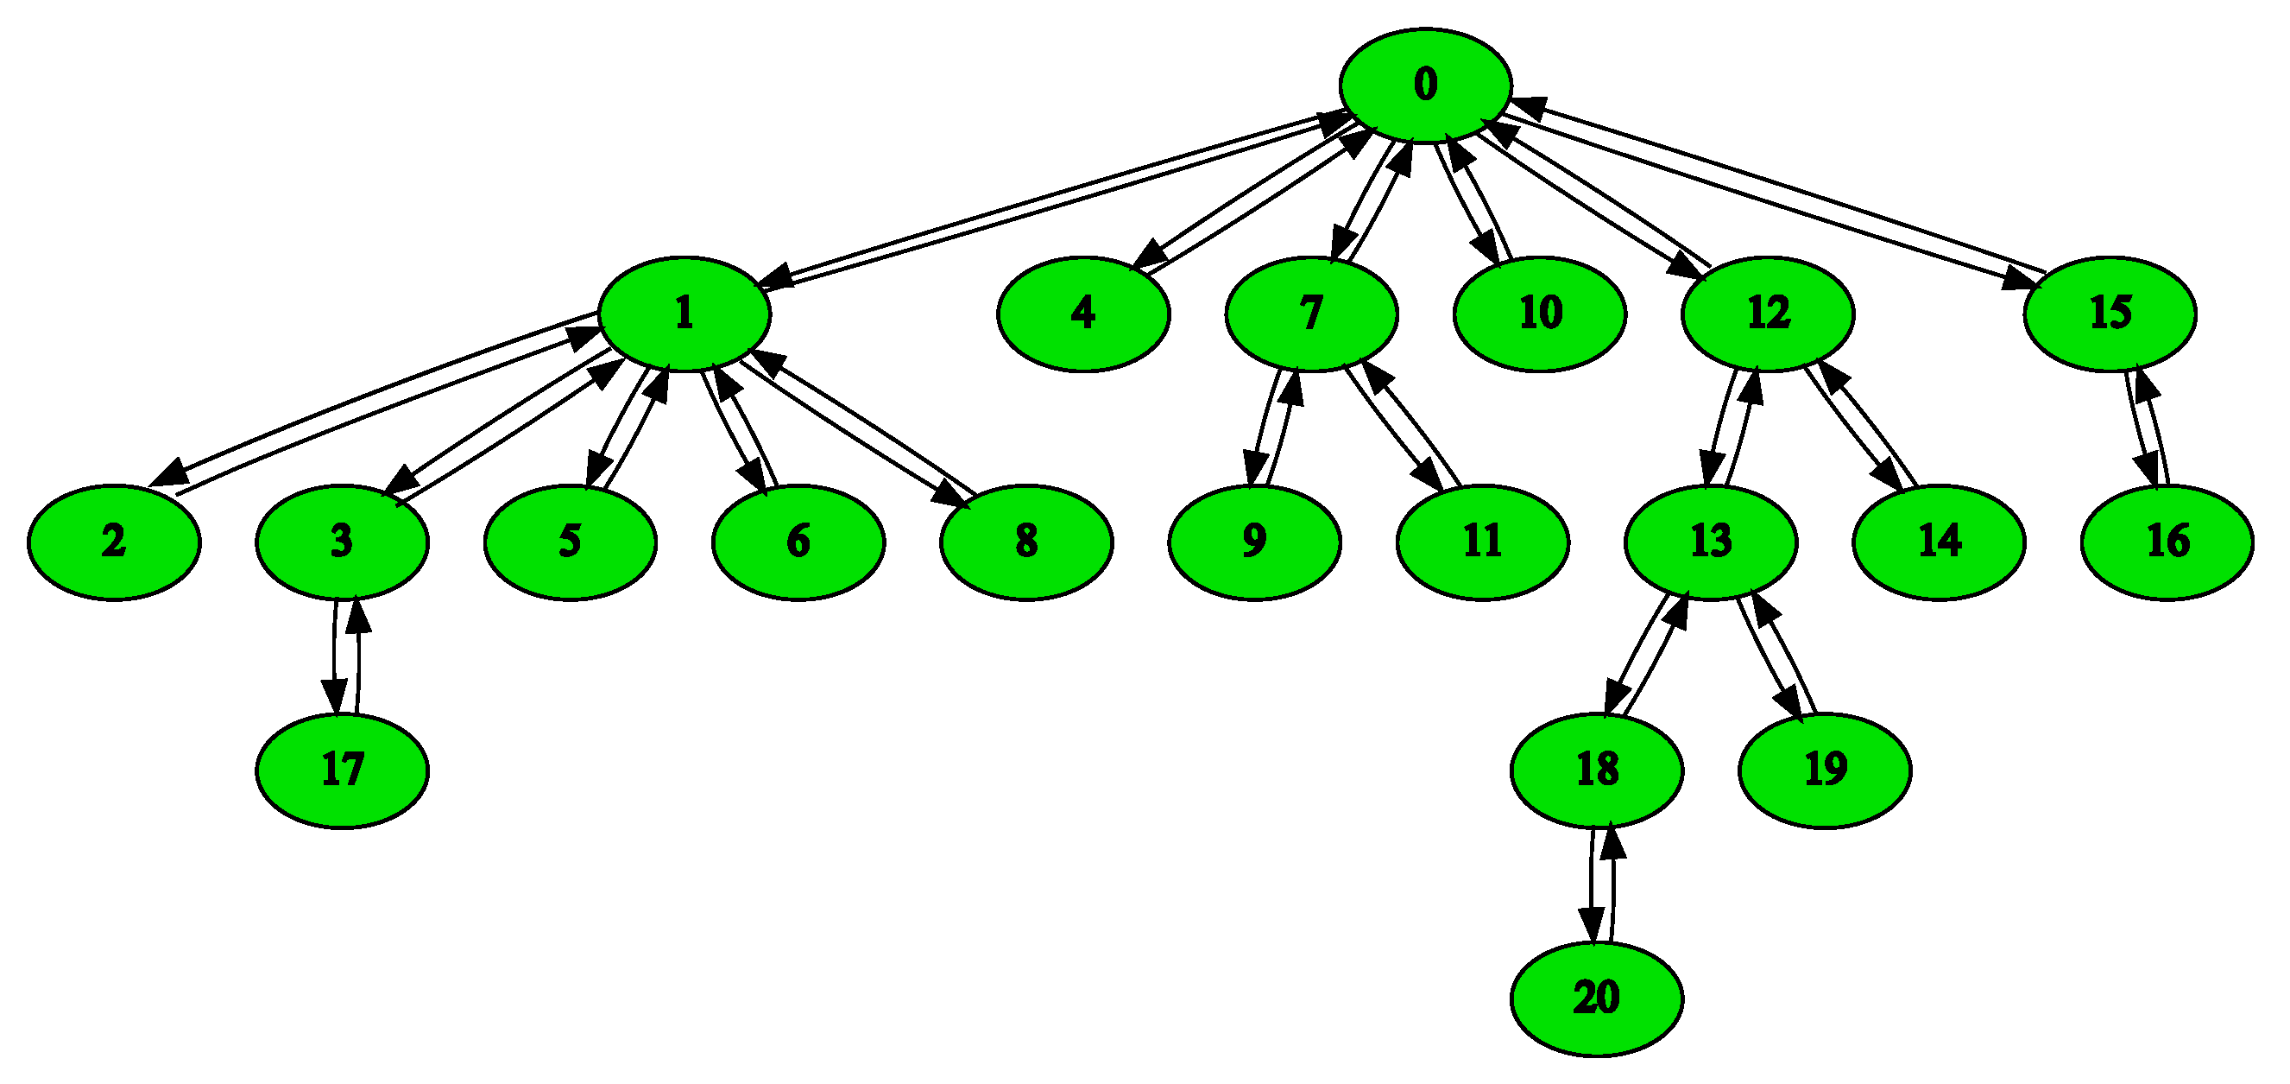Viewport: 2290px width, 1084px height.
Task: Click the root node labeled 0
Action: (1425, 86)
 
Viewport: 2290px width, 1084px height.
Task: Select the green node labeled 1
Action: (684, 314)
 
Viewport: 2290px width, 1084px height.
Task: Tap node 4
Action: (1082, 314)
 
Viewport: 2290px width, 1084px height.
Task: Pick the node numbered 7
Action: (1311, 314)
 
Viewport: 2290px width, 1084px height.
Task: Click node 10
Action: (1540, 314)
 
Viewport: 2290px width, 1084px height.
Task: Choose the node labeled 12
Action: (1767, 314)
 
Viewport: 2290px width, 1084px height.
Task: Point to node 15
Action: (2110, 314)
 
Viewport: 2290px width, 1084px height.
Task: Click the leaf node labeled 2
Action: (114, 542)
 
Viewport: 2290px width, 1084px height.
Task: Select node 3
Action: (343, 542)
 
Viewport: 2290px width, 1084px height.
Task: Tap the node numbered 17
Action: (343, 771)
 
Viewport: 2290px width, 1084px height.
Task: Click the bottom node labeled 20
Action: (1597, 998)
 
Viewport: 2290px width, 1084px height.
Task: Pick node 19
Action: (1825, 771)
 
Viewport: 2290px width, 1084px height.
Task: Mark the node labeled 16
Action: (2167, 542)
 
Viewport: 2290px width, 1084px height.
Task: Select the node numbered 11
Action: (1483, 542)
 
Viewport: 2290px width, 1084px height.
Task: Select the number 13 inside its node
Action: (1711, 542)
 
